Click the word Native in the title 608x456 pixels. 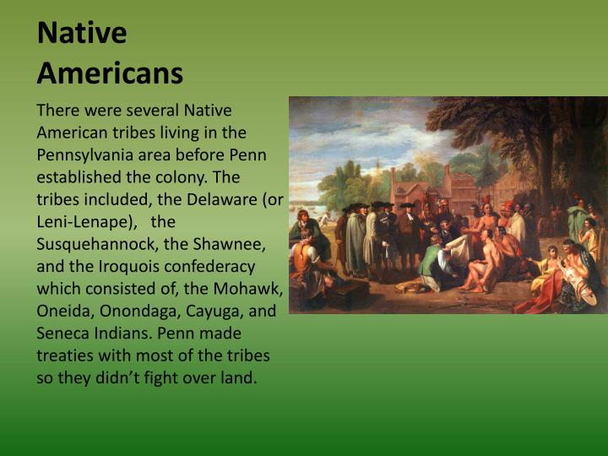(82, 34)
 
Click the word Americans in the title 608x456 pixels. (110, 73)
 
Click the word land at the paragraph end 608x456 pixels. (240, 377)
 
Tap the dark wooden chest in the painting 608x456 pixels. (346, 293)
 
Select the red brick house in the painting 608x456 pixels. (414, 194)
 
